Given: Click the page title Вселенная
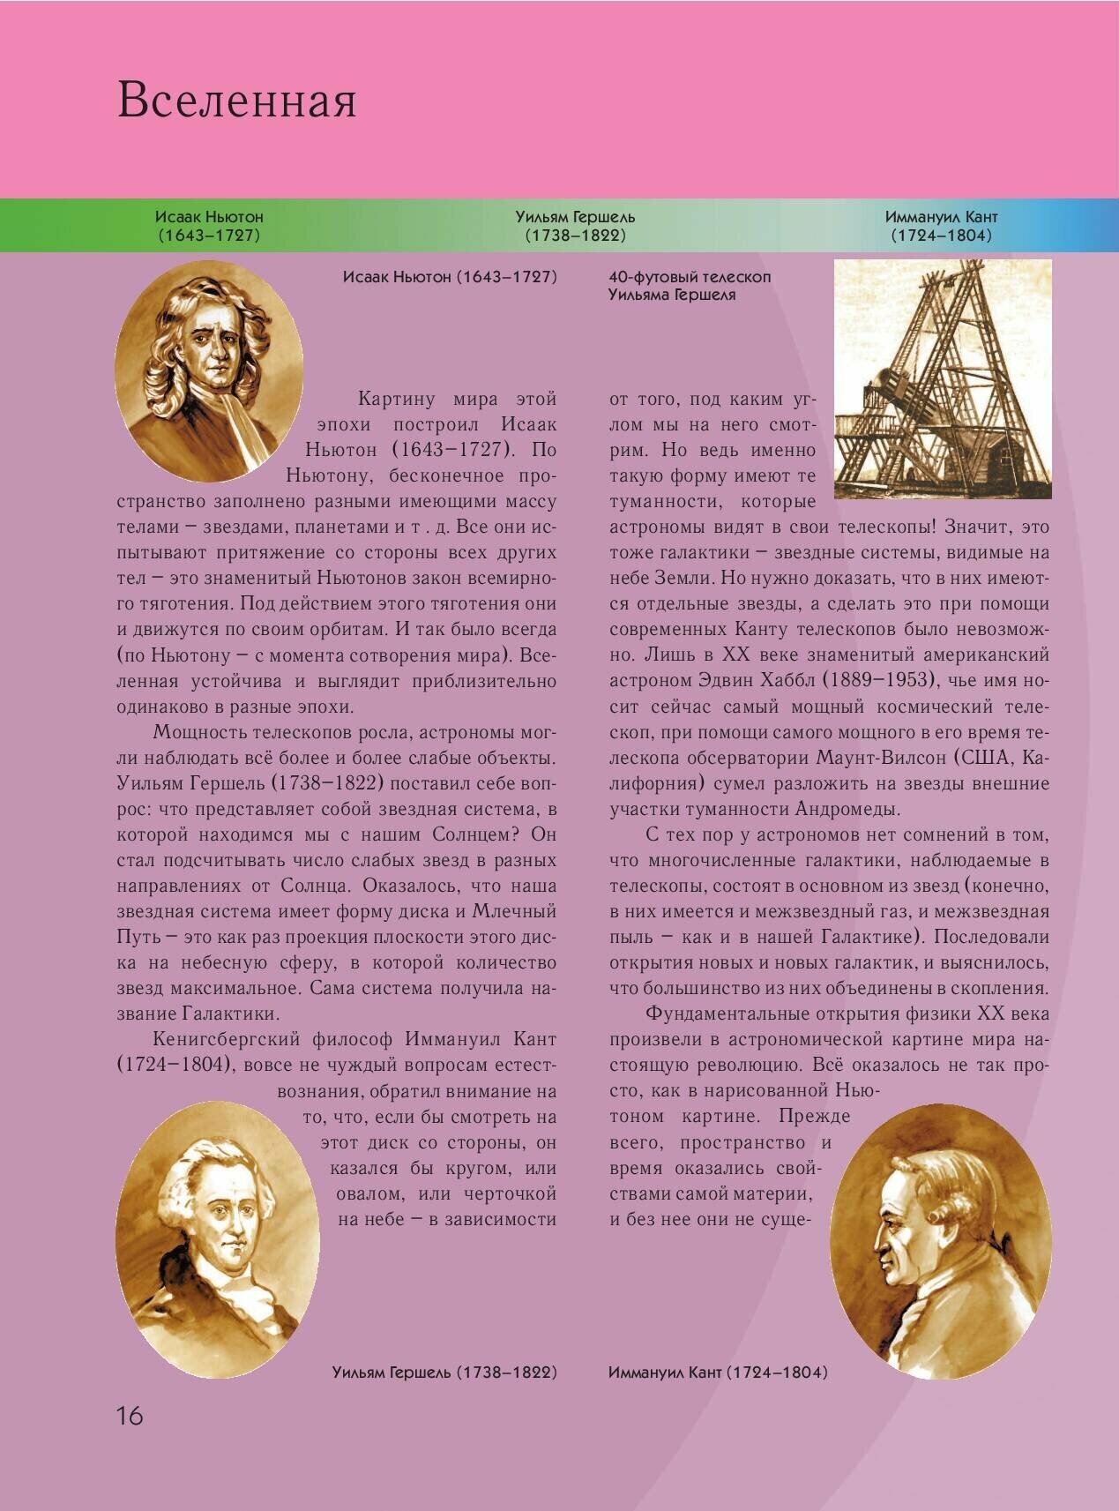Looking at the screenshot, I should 236,100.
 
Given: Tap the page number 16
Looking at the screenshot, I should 129,1416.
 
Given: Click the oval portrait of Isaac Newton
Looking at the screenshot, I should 209,370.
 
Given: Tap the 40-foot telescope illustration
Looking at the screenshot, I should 942,379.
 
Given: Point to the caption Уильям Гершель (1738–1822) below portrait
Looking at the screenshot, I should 444,1372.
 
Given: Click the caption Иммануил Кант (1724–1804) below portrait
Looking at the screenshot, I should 718,1372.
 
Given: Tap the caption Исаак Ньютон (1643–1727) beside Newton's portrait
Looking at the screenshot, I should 450,277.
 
